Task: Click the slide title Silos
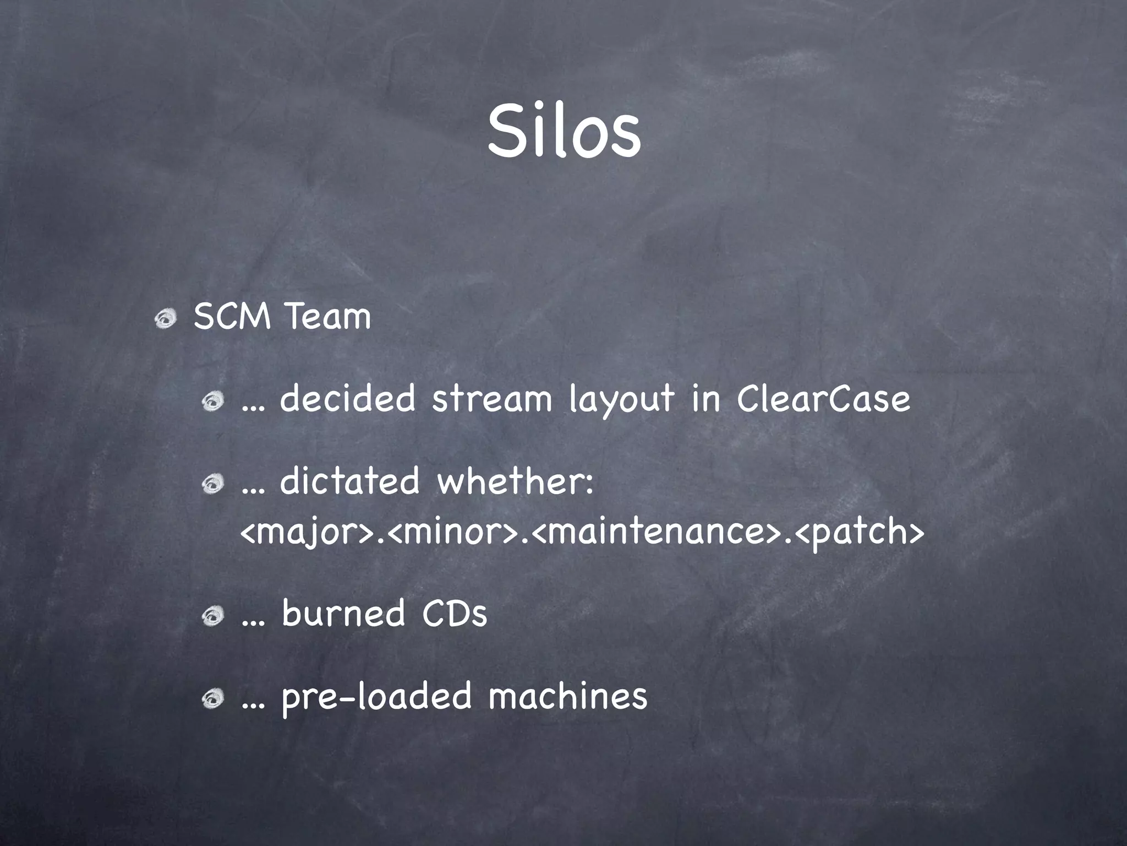[x=563, y=133]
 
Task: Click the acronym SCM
[x=232, y=317]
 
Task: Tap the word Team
[x=329, y=317]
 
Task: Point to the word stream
[x=491, y=399]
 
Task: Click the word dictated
[x=350, y=481]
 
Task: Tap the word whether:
[x=515, y=481]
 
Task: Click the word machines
[x=567, y=696]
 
